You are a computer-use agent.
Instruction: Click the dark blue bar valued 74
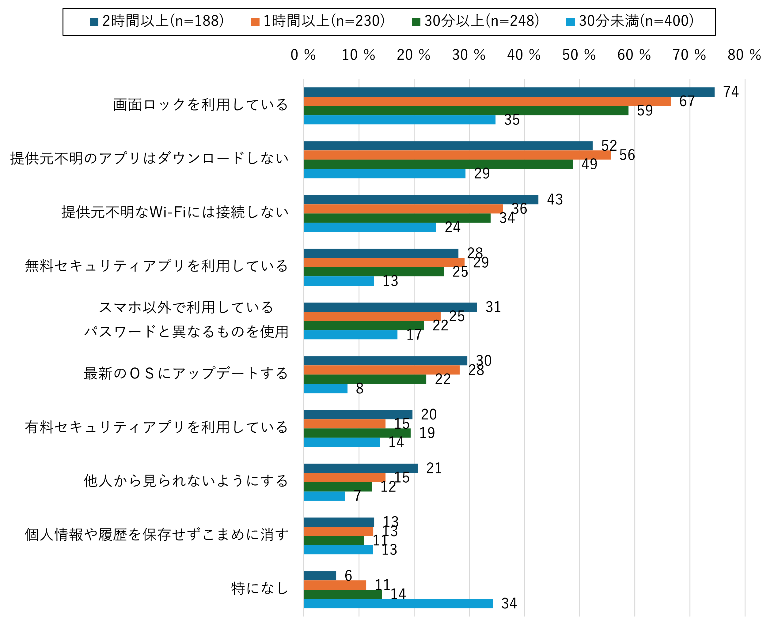click(x=509, y=92)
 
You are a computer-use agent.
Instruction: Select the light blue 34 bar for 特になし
click(x=398, y=604)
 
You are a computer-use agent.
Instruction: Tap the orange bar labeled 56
click(x=457, y=155)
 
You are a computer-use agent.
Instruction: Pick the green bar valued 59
click(x=466, y=111)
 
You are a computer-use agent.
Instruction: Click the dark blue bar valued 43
click(x=421, y=200)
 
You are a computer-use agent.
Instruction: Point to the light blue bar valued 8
click(x=326, y=389)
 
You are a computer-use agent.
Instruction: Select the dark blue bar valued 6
click(x=320, y=576)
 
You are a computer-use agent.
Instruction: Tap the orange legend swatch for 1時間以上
click(x=255, y=22)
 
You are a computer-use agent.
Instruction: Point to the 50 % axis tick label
click(x=579, y=55)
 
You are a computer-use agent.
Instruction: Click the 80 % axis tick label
click(x=744, y=55)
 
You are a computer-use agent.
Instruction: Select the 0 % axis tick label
click(x=303, y=55)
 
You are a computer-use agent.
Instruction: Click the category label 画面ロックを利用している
click(x=201, y=105)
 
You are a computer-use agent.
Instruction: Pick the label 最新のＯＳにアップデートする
click(x=186, y=374)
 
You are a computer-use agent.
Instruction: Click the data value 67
click(x=687, y=102)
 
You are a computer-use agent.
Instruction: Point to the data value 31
click(x=493, y=307)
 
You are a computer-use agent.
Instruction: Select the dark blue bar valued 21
click(x=361, y=468)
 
